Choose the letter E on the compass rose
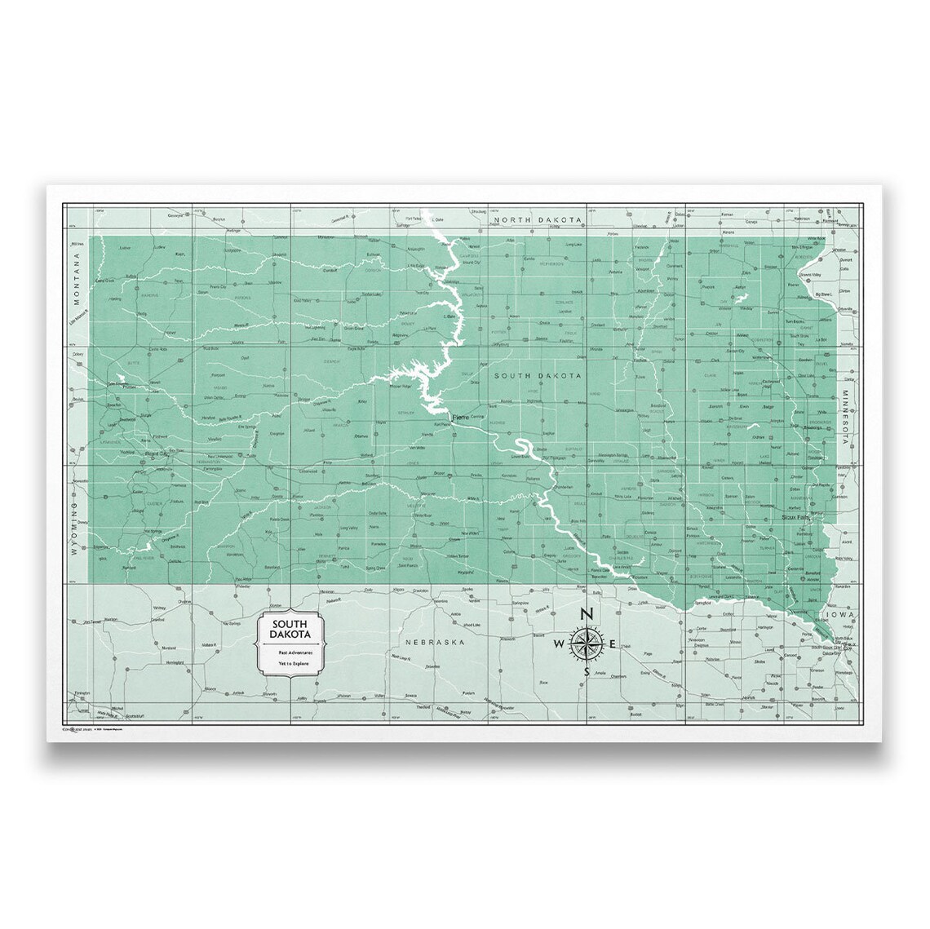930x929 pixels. point(613,645)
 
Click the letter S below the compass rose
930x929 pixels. point(587,672)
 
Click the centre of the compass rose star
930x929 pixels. point(587,644)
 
